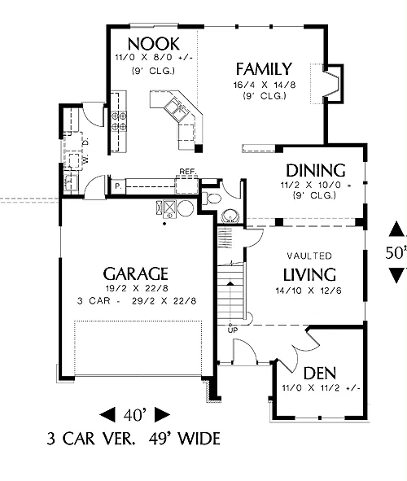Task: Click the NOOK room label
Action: click(x=154, y=44)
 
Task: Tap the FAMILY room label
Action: click(x=264, y=69)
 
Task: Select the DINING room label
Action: click(x=316, y=171)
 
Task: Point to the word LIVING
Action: click(x=309, y=275)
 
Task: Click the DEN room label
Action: click(x=320, y=374)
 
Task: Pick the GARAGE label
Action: click(x=136, y=274)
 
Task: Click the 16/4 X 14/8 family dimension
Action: click(x=265, y=85)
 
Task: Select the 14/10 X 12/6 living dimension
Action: click(x=309, y=291)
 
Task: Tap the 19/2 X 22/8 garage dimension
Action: click(x=137, y=288)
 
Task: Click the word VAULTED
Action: click(x=309, y=256)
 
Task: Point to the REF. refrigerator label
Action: click(x=188, y=171)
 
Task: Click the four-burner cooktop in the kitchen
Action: click(x=119, y=121)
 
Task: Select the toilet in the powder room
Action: click(x=212, y=199)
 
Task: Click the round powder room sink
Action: click(x=230, y=216)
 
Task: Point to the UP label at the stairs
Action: click(x=233, y=330)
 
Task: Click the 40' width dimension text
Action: click(x=134, y=415)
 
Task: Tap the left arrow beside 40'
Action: click(x=107, y=415)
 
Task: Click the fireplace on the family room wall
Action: click(x=332, y=84)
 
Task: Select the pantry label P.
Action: click(x=118, y=186)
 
